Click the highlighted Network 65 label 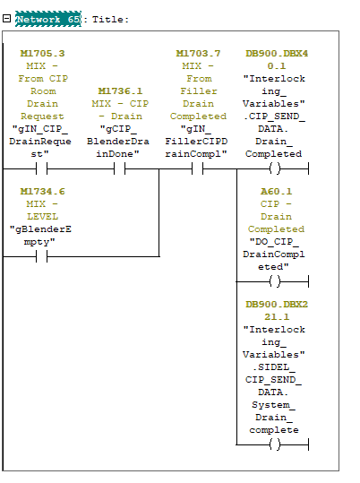point(48,19)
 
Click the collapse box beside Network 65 point(7,19)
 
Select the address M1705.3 point(42,53)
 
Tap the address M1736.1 point(120,91)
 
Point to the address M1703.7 point(198,53)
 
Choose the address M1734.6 point(42,191)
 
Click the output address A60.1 point(276,191)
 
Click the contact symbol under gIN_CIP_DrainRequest point(42,168)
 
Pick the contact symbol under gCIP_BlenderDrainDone point(120,168)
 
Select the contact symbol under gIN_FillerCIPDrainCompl point(198,168)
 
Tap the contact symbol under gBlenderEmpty point(42,256)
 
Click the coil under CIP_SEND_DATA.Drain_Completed point(275,168)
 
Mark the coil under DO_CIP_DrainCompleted point(275,281)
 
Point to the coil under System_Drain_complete point(275,444)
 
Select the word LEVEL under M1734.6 point(42,217)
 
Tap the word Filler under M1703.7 point(199,91)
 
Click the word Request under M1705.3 point(42,116)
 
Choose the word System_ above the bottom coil point(274,405)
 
